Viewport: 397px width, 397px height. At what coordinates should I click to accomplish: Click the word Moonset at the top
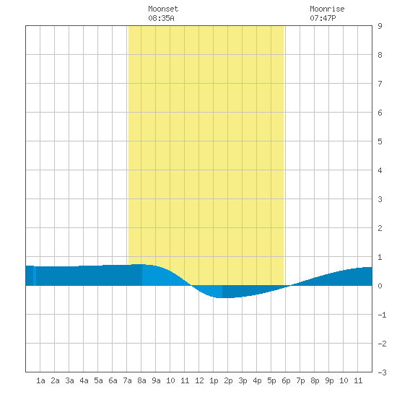tap(163, 9)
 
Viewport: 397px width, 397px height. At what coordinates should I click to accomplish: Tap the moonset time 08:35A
tap(161, 18)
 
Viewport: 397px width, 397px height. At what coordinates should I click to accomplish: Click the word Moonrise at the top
tap(327, 9)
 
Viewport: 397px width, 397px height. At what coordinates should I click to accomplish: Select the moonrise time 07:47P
tap(323, 18)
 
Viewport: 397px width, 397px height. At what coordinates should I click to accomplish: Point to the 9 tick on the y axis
tap(380, 26)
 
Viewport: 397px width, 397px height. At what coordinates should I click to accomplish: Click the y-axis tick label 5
tap(380, 141)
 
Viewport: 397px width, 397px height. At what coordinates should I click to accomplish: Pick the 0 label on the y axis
tap(380, 286)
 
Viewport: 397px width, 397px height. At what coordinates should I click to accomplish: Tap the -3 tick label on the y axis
tap(382, 372)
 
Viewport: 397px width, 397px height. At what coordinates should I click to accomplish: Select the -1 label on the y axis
tap(382, 315)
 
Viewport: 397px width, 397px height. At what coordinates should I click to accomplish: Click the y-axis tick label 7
tap(380, 84)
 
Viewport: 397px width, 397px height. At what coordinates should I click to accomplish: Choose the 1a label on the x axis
tap(40, 380)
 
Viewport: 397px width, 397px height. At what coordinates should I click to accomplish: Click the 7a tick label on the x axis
tap(127, 380)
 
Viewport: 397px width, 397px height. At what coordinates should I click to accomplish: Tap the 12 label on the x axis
tap(199, 380)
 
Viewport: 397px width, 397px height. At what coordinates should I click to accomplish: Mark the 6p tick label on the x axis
tap(286, 380)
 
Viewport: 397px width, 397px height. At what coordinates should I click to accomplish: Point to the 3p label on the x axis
tap(243, 380)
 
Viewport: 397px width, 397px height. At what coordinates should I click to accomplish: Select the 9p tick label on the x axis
tap(329, 380)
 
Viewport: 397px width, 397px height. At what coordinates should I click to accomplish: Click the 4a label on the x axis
tap(84, 380)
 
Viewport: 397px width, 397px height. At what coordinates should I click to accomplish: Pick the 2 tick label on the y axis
tap(380, 228)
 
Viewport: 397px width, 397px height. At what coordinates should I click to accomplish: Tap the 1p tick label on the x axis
tap(214, 380)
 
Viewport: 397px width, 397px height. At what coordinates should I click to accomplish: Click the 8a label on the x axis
tap(141, 380)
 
